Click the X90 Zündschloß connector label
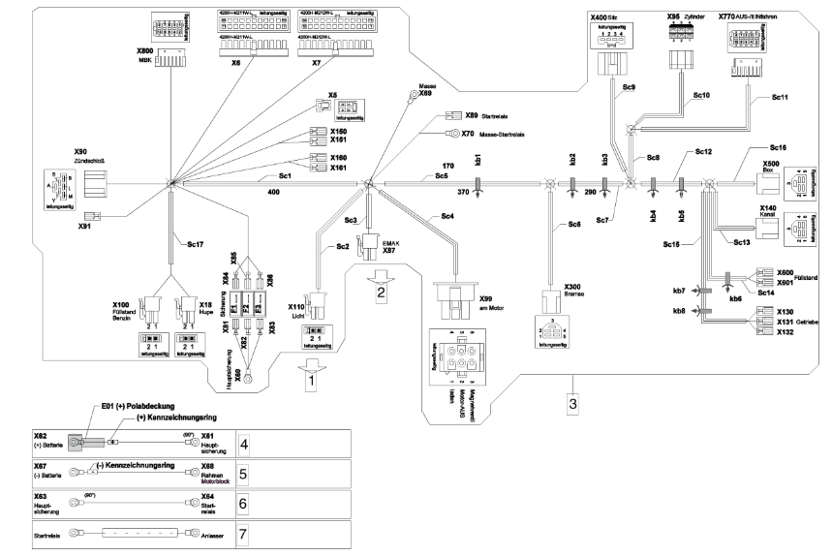(87, 155)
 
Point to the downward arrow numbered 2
(381, 288)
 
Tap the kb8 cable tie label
(678, 311)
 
